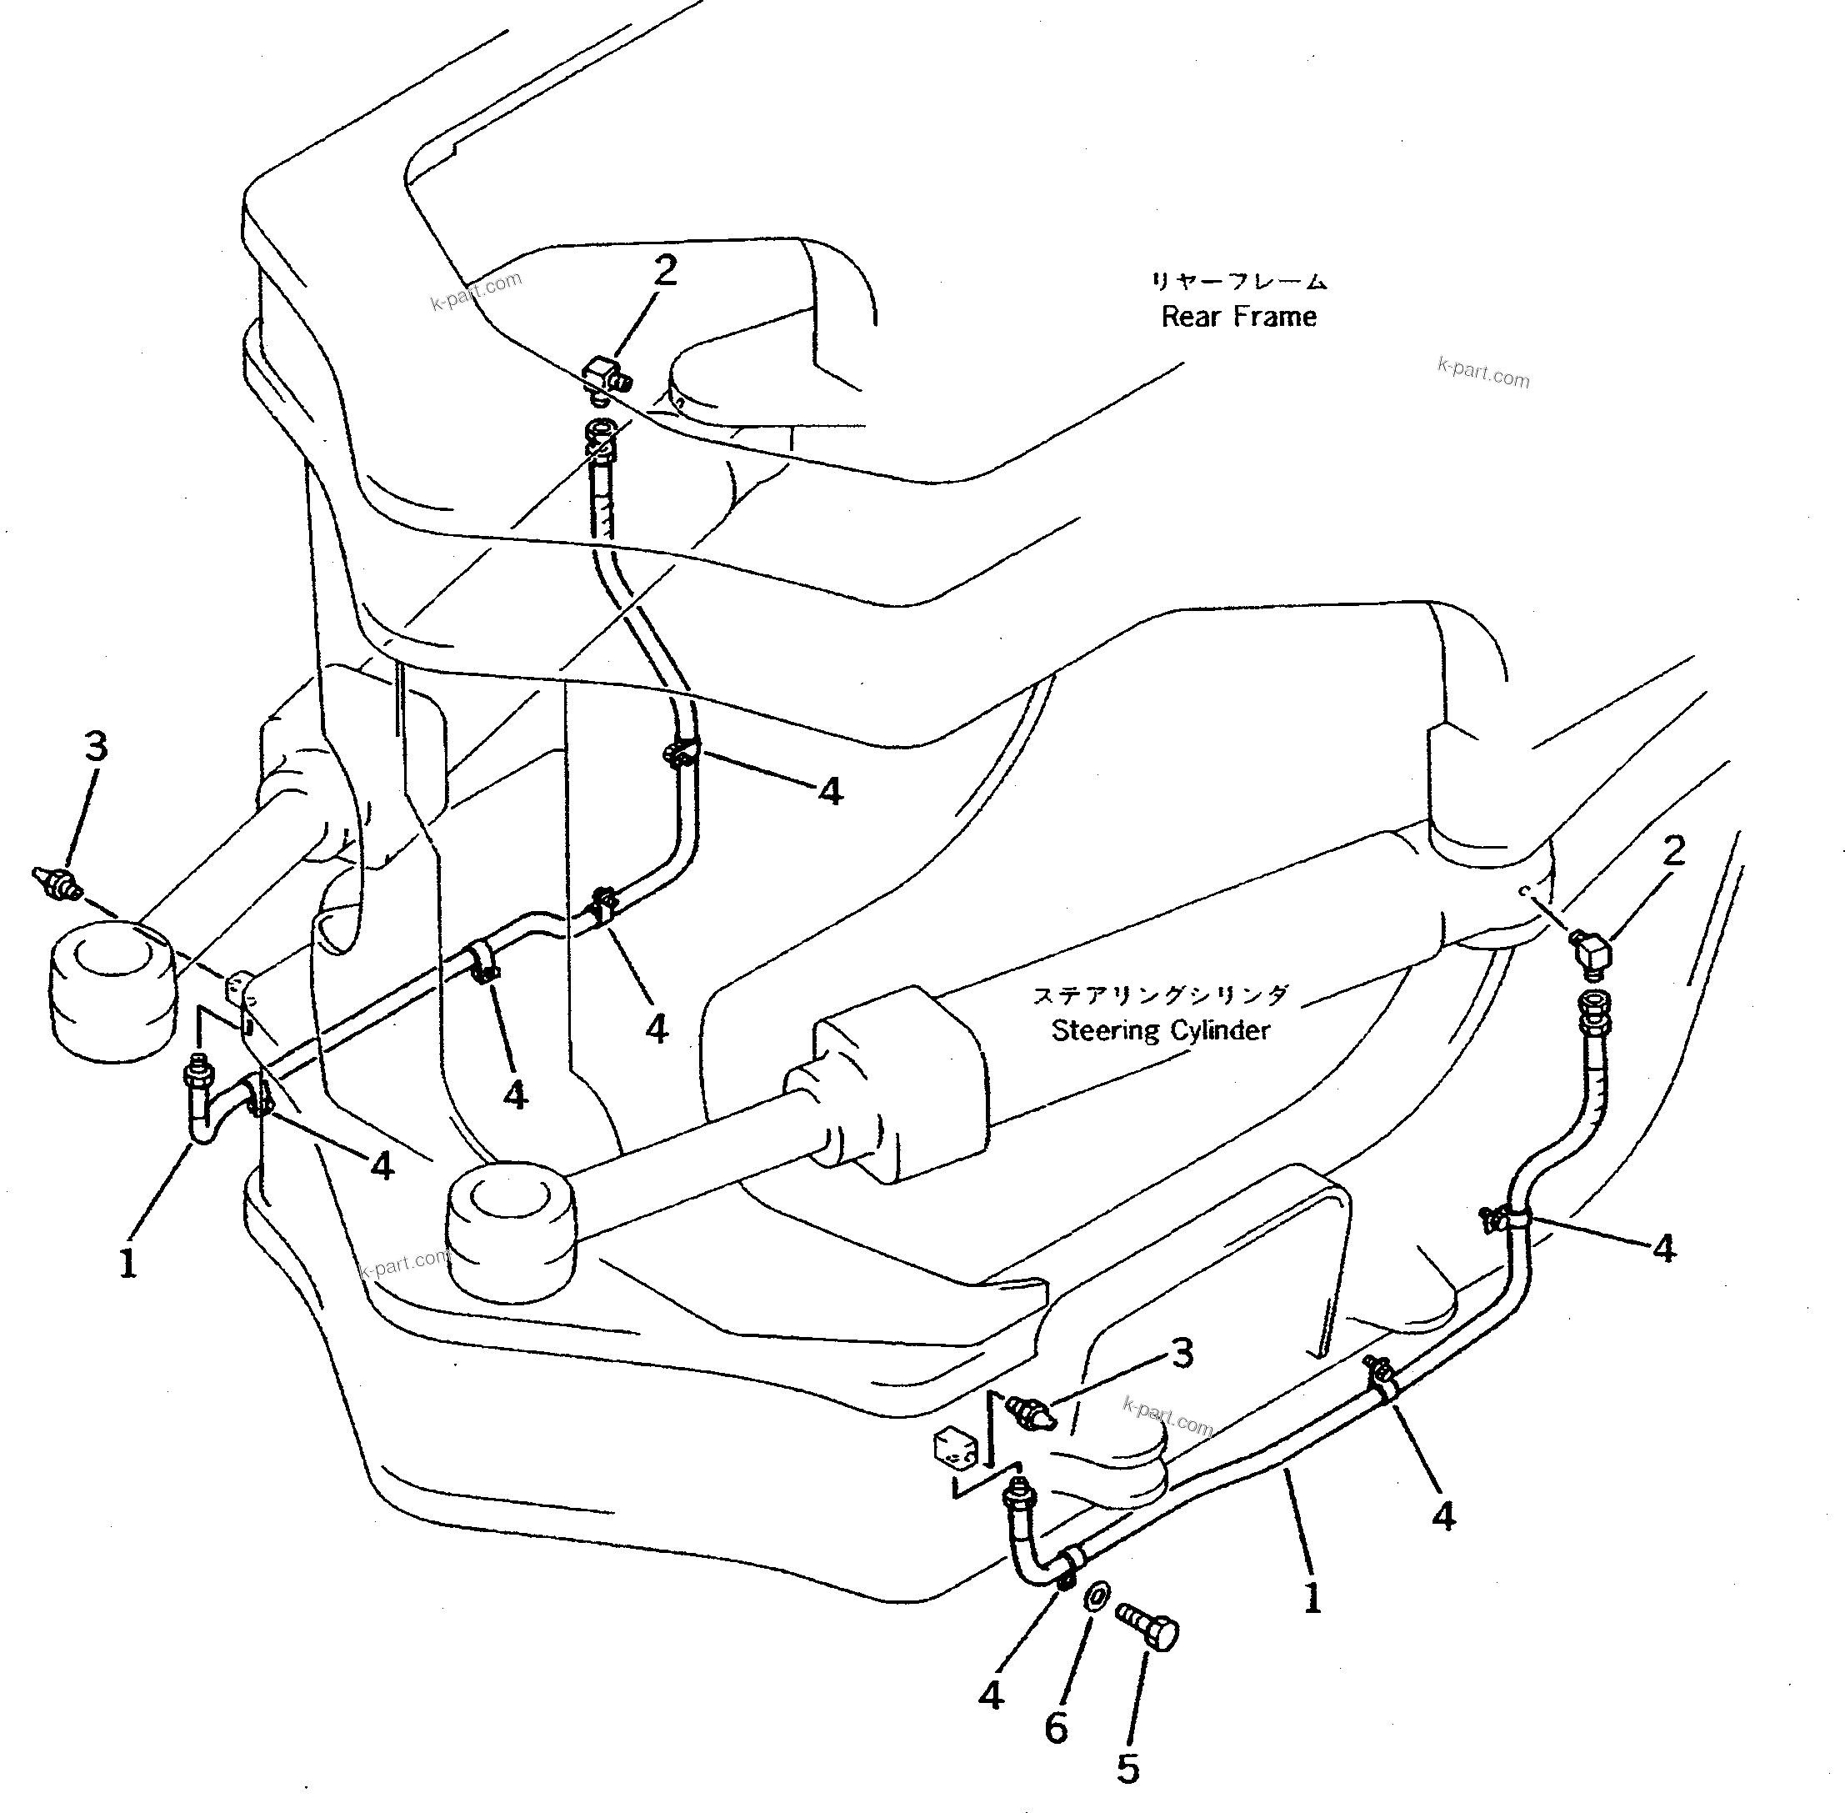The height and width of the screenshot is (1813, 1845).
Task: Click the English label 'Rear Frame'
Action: click(1238, 317)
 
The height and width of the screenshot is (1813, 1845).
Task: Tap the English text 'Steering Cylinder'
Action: click(1161, 1030)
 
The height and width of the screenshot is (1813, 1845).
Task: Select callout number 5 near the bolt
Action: click(1127, 1769)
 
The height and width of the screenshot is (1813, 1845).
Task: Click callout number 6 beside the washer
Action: click(1056, 1728)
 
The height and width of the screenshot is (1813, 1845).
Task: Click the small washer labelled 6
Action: click(1095, 1595)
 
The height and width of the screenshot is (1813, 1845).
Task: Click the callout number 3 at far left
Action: click(95, 748)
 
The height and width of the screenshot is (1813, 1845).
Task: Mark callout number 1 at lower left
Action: click(127, 1264)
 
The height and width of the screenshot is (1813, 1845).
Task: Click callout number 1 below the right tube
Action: click(1312, 1599)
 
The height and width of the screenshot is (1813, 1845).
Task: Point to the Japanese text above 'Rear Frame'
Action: click(1237, 281)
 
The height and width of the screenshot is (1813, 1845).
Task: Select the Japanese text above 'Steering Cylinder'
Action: click(1161, 996)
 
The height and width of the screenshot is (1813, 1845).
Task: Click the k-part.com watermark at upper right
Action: click(1482, 373)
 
